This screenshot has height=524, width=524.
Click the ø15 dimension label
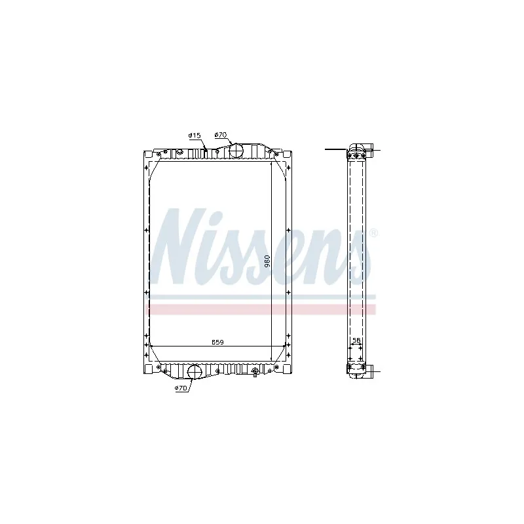(194, 136)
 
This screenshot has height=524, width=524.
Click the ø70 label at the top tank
(220, 135)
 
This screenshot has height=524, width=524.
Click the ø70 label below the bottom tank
(181, 388)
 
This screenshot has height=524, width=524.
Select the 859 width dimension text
(217, 342)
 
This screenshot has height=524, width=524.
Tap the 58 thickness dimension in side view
(356, 341)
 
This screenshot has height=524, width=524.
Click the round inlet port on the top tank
(235, 150)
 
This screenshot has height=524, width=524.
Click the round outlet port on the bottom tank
(195, 371)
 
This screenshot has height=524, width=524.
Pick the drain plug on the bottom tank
(255, 372)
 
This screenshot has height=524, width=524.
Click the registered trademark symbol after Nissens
(373, 233)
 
